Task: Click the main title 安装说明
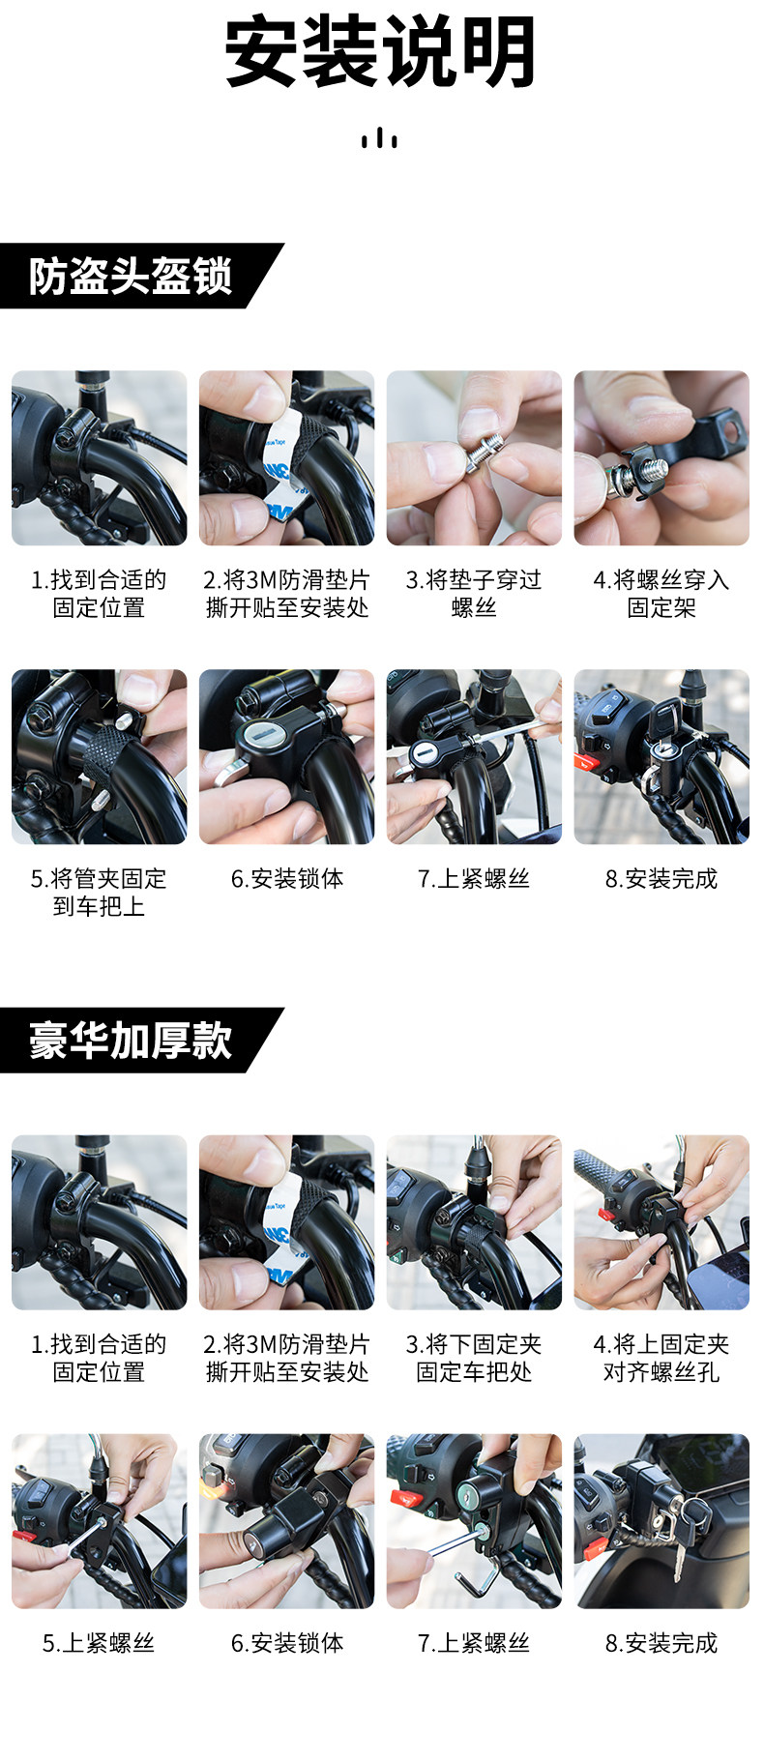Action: [380, 52]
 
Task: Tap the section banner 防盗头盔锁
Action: [131, 277]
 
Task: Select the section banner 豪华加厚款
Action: [131, 1041]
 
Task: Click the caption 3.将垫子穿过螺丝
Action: [474, 594]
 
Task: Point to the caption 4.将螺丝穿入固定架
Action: [661, 594]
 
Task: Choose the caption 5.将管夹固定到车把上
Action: [99, 893]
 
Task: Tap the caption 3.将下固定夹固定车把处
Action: [474, 1358]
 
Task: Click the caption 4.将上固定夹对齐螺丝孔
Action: [661, 1358]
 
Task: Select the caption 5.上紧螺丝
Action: [99, 1643]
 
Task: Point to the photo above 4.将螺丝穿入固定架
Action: [661, 458]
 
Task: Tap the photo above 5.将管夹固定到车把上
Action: [99, 757]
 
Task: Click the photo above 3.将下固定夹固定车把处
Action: [474, 1222]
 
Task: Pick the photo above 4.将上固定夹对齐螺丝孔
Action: [661, 1222]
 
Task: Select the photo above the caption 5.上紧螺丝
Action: [99, 1521]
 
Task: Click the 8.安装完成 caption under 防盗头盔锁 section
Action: [661, 879]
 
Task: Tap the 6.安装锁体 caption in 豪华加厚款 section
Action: [287, 1643]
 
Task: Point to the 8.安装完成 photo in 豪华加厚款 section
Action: [661, 1521]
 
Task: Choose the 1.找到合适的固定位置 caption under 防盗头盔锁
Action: [99, 594]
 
